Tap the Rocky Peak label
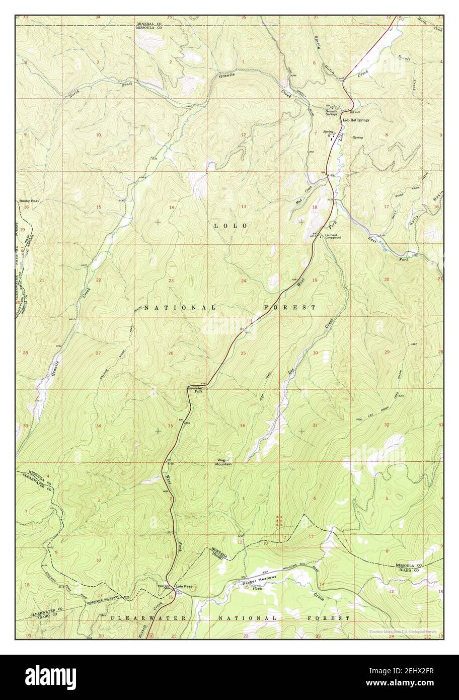(29, 200)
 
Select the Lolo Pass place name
(184, 587)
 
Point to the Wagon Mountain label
(224, 462)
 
